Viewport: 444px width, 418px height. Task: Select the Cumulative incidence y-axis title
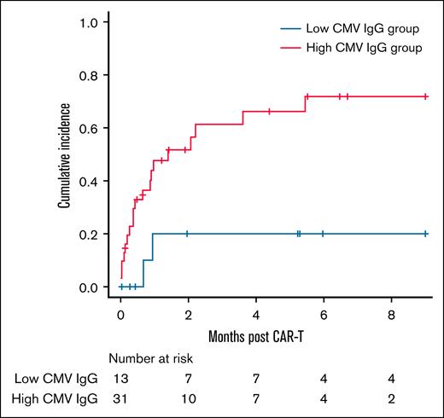coord(64,154)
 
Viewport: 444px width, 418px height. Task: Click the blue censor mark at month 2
coord(187,234)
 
